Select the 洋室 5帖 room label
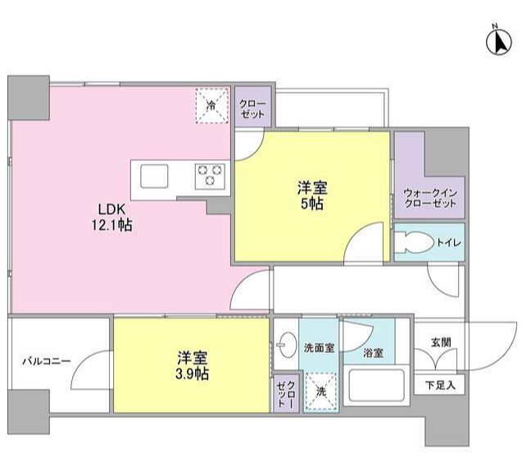310,195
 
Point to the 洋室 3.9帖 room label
192,365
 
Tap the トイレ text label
447,243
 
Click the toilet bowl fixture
411,243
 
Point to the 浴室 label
373,354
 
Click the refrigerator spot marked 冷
211,105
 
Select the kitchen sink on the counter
154,176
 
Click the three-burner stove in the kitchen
209,176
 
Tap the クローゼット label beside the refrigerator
252,109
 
